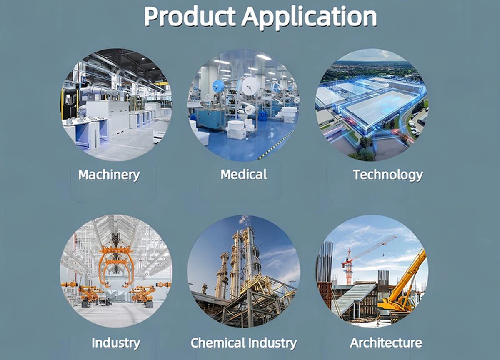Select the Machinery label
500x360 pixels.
[x=109, y=175]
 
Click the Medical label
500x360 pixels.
[x=244, y=174]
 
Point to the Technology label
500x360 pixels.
[x=387, y=175]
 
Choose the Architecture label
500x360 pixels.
[x=386, y=343]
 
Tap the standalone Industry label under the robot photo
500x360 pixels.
[x=115, y=343]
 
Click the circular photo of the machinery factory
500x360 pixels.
[x=116, y=105]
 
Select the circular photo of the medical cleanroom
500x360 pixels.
[x=244, y=105]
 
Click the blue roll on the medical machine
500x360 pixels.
[x=218, y=87]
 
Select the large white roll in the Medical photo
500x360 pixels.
[x=250, y=86]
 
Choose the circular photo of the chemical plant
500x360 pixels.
[x=244, y=271]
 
